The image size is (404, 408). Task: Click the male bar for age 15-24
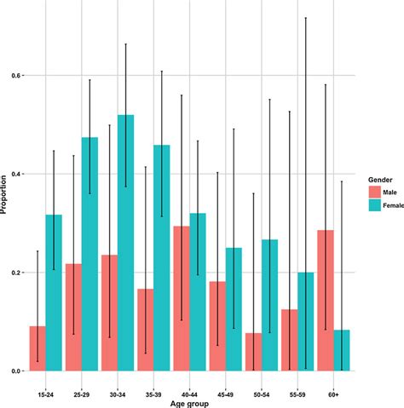38,348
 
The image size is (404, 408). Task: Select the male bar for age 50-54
253,352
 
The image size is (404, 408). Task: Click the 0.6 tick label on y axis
15,76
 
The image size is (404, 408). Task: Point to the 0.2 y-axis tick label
15,273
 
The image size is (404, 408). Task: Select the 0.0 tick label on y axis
15,371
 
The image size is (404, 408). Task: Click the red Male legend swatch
373,193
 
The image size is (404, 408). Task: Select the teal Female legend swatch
373,205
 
